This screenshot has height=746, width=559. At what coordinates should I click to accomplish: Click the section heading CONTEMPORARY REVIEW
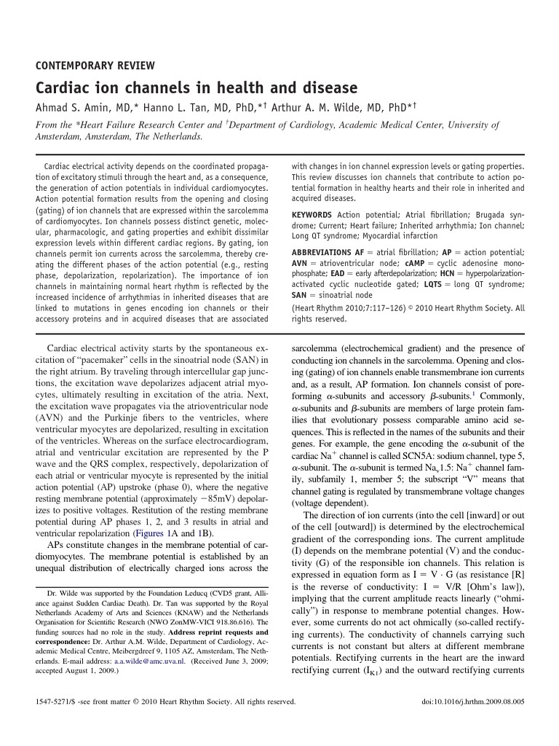point(95,65)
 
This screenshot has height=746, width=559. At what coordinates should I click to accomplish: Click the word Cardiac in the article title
point(64,88)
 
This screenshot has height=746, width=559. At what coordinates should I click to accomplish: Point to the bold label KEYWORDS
point(312,215)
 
